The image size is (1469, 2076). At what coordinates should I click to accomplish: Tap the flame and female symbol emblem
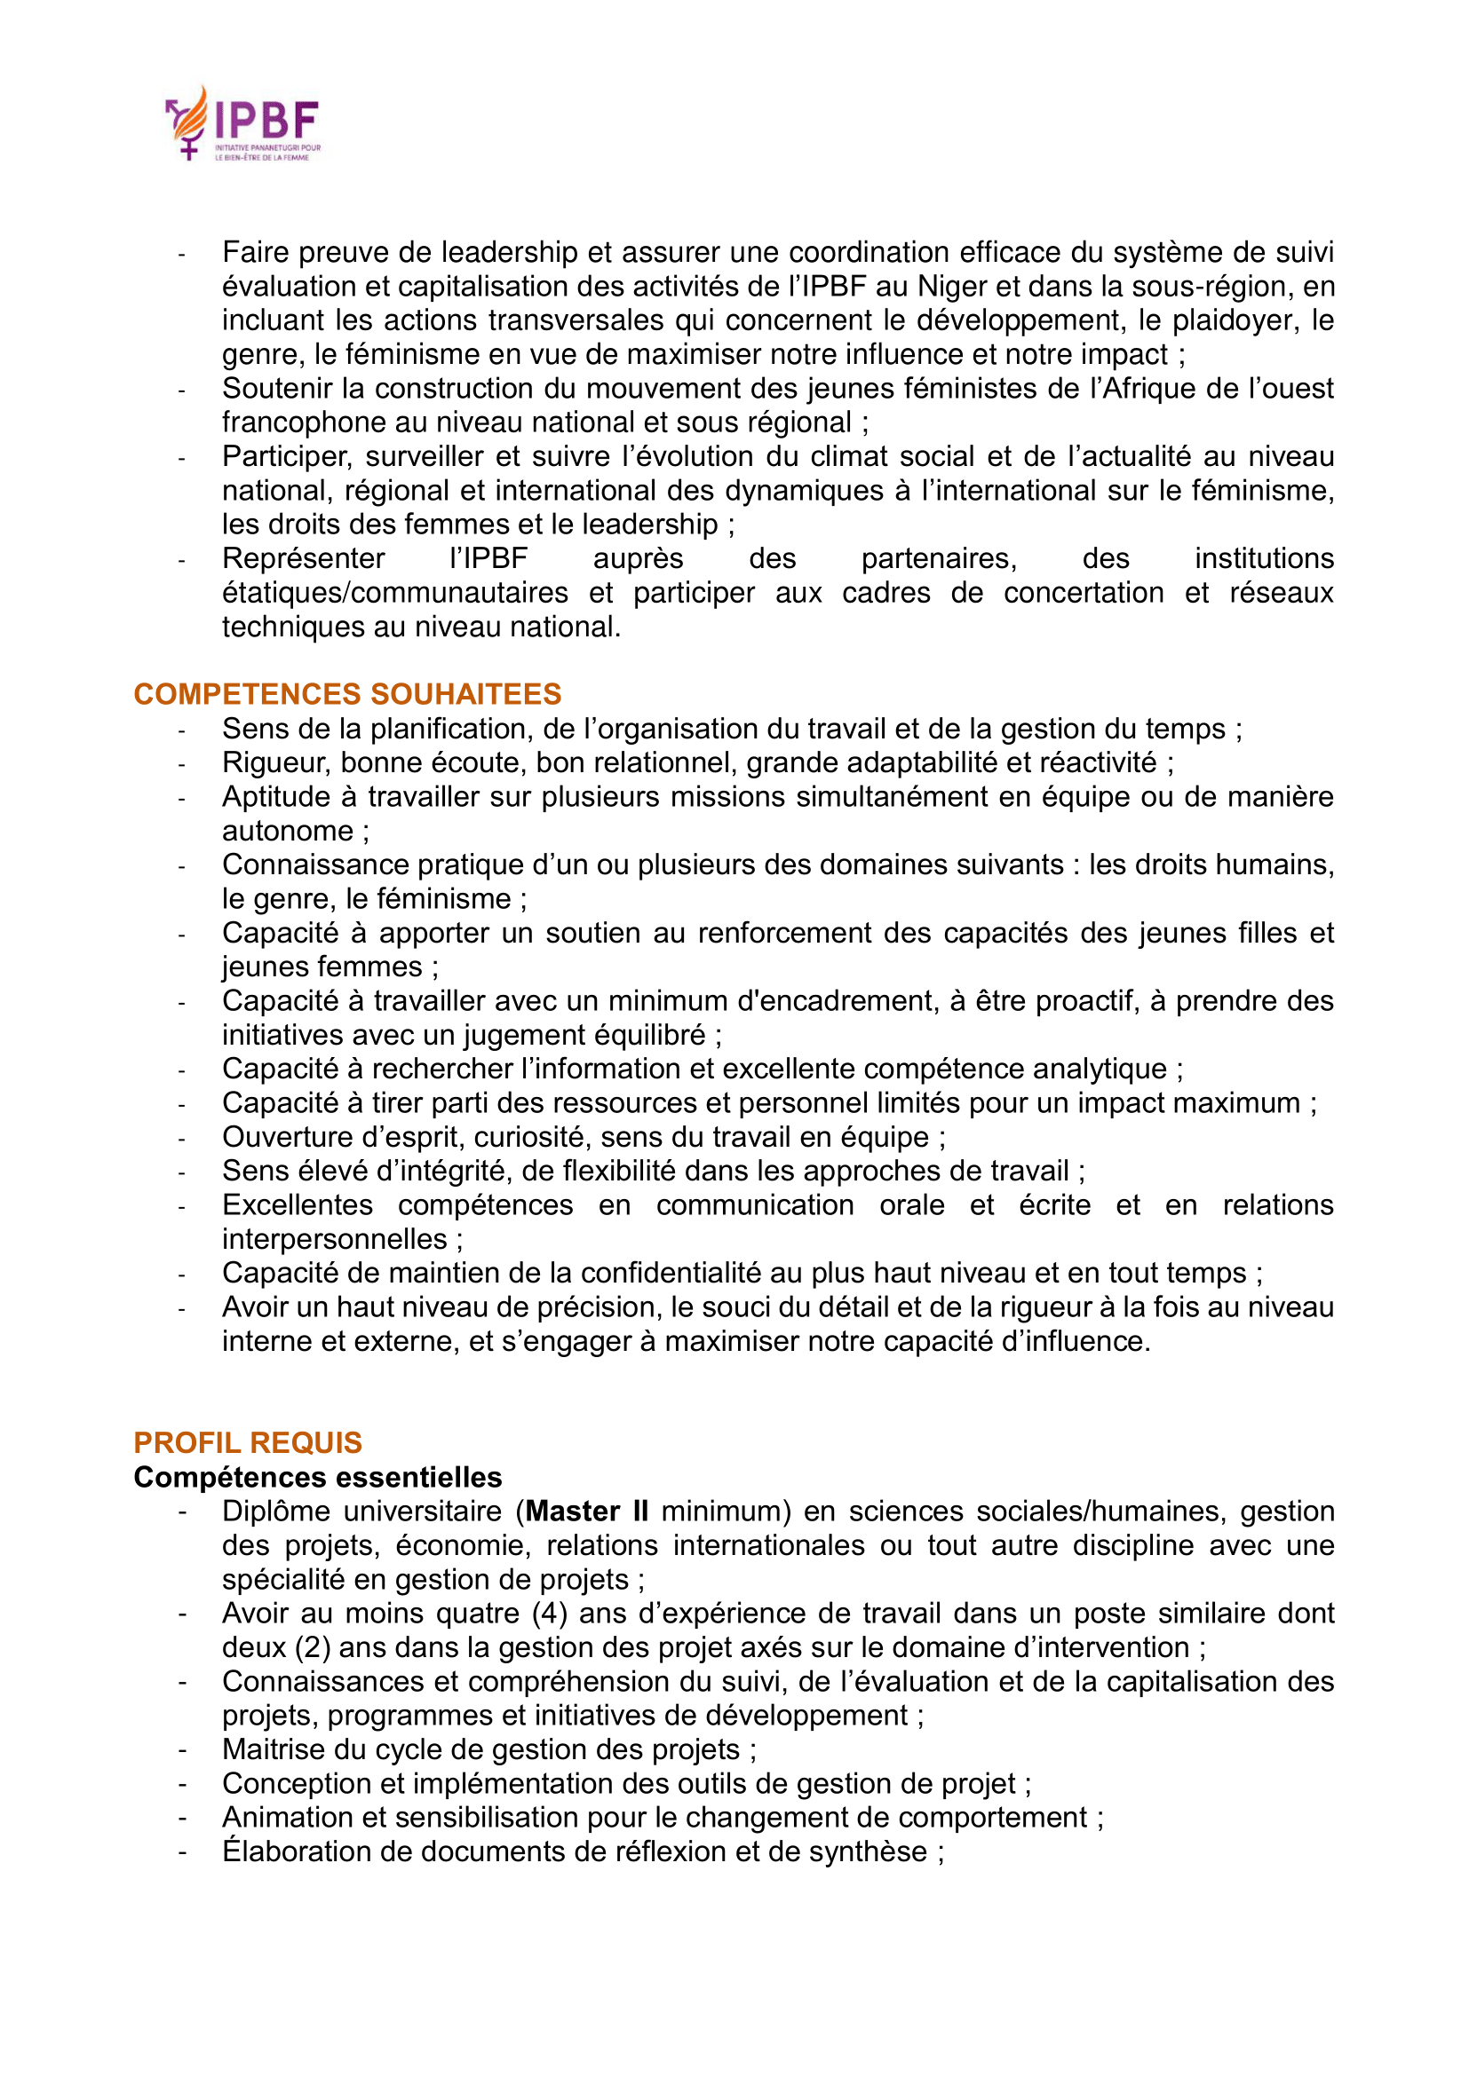[x=188, y=123]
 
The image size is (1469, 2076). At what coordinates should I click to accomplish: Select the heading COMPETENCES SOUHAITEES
[x=347, y=694]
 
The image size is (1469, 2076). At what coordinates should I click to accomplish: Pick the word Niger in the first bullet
[x=951, y=287]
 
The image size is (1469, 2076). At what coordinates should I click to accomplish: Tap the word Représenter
[x=304, y=559]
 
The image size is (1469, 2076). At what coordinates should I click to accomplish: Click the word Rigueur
[x=277, y=763]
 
